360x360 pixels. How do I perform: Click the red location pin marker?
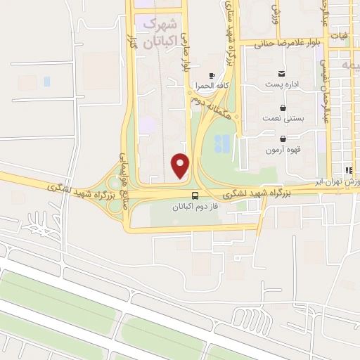coord(181,165)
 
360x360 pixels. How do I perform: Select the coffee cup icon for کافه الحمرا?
coord(212,75)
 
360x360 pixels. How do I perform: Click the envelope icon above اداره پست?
coord(282,74)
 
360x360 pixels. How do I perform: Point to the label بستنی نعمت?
coord(283,119)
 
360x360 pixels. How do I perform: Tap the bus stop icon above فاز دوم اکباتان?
coord(195,196)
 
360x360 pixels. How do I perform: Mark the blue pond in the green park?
coord(221,143)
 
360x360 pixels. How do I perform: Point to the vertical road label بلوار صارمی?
coord(186,53)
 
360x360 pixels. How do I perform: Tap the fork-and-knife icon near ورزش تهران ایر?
coord(348,171)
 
